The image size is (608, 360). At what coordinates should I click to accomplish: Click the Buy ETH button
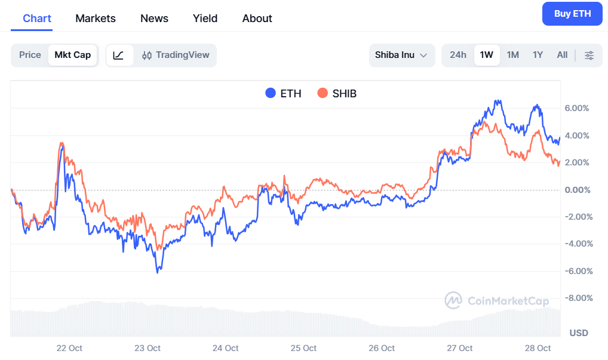pyautogui.click(x=572, y=14)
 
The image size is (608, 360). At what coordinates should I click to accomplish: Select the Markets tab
pyautogui.click(x=96, y=19)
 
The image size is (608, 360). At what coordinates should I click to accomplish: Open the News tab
pyautogui.click(x=154, y=19)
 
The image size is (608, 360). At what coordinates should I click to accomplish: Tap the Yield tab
pyautogui.click(x=205, y=19)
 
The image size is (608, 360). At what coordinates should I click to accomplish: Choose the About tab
pyautogui.click(x=257, y=19)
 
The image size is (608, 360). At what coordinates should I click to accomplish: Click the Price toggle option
pyautogui.click(x=30, y=55)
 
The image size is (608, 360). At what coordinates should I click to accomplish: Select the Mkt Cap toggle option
pyautogui.click(x=73, y=55)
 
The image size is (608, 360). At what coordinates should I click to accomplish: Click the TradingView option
pyautogui.click(x=176, y=55)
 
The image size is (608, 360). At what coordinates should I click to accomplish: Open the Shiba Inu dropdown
pyautogui.click(x=401, y=55)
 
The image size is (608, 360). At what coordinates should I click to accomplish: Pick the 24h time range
pyautogui.click(x=458, y=55)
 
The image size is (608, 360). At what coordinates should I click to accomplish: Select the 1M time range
pyautogui.click(x=512, y=55)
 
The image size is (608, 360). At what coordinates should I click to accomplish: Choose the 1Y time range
pyautogui.click(x=538, y=55)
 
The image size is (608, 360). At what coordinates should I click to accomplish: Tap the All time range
pyautogui.click(x=562, y=55)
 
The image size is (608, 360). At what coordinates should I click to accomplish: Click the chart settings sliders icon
pyautogui.click(x=589, y=55)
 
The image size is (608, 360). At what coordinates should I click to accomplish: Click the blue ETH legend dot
pyautogui.click(x=271, y=93)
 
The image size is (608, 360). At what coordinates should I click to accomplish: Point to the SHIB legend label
pyautogui.click(x=344, y=93)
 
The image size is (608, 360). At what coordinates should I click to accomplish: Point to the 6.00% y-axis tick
pyautogui.click(x=576, y=108)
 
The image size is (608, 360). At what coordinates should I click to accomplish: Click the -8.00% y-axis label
pyautogui.click(x=576, y=298)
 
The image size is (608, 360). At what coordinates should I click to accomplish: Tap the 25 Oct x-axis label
pyautogui.click(x=303, y=348)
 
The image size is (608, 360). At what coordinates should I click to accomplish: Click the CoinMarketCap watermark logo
pyautogui.click(x=453, y=300)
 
